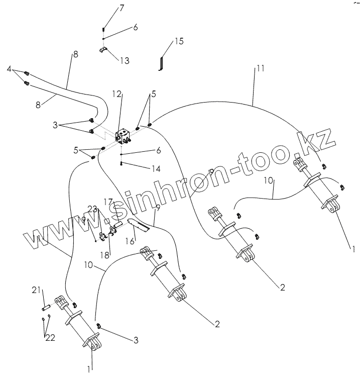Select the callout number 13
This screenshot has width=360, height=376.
coord(124,60)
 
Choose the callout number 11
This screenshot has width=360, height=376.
coord(260,68)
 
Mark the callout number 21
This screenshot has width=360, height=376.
coord(36,290)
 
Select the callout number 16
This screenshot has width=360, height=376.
coord(129,242)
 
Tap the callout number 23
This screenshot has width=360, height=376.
coord(91,209)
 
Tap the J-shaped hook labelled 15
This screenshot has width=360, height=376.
coord(161,64)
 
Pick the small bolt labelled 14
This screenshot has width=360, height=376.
coord(122,163)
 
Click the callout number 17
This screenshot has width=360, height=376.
coord(108,201)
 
